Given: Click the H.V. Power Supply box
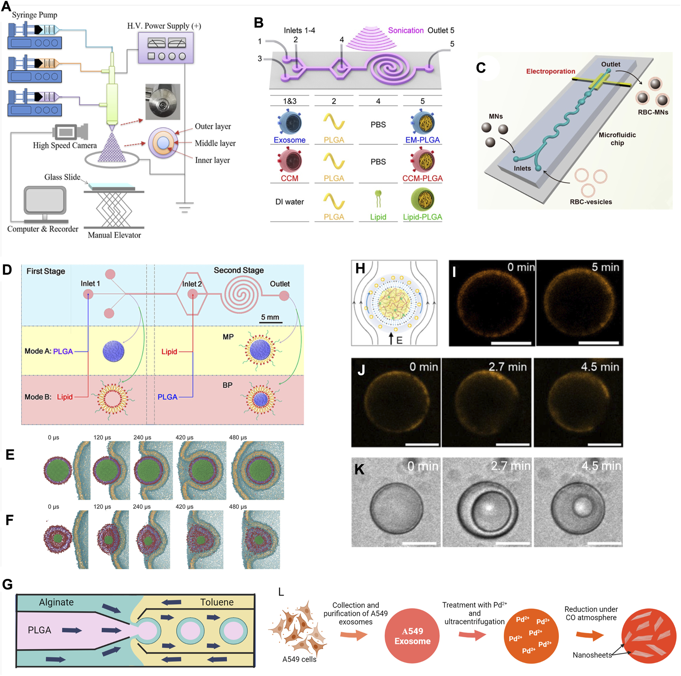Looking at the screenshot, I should [166, 48].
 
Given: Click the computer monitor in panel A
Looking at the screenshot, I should [45, 200].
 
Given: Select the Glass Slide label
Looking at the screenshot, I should [62, 177].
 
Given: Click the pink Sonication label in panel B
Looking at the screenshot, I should [405, 30].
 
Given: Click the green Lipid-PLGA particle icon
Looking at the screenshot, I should [422, 199].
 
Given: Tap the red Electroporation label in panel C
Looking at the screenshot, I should [550, 71].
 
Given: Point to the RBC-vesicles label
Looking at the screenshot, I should [591, 202].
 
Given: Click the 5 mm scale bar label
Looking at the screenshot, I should [270, 317].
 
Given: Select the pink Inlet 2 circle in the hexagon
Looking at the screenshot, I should [193, 294].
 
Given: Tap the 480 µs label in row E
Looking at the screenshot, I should [238, 437].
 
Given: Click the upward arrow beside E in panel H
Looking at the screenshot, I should [391, 338].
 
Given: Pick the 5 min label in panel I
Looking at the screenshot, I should [605, 267].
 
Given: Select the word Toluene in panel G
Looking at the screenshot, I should [217, 602].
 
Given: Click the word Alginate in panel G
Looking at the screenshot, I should [56, 602].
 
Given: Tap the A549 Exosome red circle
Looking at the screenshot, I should [412, 636].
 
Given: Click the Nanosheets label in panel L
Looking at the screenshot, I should [592, 655].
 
